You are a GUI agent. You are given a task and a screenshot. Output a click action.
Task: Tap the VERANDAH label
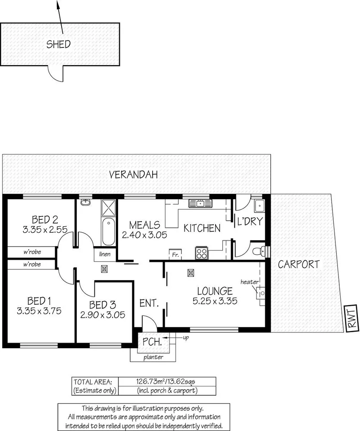tap(133, 175)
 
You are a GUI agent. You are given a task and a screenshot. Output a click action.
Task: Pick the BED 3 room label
tap(103, 304)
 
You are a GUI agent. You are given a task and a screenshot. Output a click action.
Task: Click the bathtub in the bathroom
tap(108, 232)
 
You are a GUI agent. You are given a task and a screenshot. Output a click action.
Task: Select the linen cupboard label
tap(105, 254)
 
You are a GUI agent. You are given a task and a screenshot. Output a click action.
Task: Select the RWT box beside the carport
tap(352, 319)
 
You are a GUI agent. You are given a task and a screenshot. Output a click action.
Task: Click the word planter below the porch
tap(153, 357)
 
